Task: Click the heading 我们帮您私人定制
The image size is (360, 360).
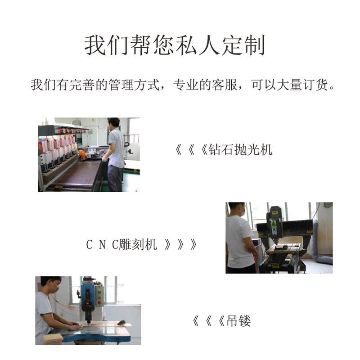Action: [175, 45]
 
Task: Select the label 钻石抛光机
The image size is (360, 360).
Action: [240, 150]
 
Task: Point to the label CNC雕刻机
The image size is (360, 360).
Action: [121, 244]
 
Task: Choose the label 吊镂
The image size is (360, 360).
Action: [238, 320]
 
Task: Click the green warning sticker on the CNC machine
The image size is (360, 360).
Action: [274, 224]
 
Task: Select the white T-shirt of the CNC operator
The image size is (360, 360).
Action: [239, 242]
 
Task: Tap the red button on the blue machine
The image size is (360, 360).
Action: [99, 302]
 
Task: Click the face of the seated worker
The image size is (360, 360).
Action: [55, 287]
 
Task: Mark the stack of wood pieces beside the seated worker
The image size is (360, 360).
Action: [53, 338]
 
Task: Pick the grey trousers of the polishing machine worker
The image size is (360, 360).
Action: [115, 178]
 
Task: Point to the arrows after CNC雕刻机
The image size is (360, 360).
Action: [180, 244]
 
